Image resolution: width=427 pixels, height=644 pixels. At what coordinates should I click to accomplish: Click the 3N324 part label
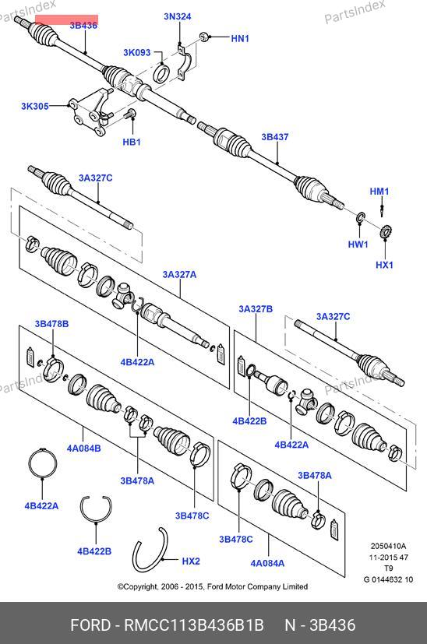point(178,16)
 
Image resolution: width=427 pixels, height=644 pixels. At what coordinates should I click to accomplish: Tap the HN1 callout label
point(240,39)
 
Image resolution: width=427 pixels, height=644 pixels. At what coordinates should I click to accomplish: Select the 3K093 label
point(137,53)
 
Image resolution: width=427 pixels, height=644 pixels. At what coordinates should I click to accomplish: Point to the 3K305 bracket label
point(35,107)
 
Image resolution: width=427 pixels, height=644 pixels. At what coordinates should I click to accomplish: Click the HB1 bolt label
point(132,142)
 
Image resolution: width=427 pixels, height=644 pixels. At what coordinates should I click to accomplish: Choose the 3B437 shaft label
point(275,137)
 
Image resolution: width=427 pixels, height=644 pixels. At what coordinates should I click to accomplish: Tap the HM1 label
point(379,192)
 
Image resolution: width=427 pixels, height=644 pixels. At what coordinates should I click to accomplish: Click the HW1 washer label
point(358,245)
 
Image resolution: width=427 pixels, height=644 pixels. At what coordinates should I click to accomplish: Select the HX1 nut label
point(385,265)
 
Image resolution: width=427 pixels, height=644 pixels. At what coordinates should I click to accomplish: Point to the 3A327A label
point(179,274)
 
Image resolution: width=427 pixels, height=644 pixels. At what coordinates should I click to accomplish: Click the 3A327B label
point(256,309)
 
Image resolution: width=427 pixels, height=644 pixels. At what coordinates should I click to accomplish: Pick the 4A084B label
point(84,448)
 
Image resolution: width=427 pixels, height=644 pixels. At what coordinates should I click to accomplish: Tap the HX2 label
point(191,561)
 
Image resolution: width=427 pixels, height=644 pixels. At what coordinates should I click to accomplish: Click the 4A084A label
point(267,563)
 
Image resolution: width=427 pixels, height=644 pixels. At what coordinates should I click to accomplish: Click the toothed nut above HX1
point(385,234)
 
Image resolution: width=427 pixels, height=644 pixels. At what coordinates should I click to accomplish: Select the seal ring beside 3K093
point(161,72)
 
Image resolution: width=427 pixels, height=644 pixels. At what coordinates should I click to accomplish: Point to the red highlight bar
point(66,19)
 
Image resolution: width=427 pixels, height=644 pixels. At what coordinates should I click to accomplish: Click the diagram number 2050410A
point(388,546)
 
